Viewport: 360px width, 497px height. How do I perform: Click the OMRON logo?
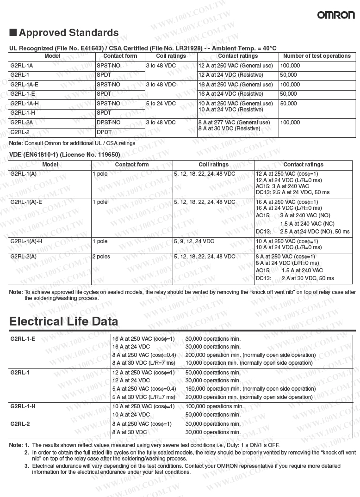click(x=336, y=15)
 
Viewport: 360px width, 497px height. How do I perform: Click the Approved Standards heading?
click(x=64, y=33)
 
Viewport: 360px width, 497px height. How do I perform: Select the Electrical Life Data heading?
click(x=63, y=321)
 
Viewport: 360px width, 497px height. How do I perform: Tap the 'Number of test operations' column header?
click(x=317, y=56)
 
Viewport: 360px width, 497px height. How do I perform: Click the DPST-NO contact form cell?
click(x=108, y=123)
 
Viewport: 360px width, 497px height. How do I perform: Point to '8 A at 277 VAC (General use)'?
click(x=234, y=123)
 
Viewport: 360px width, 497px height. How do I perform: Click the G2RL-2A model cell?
click(x=21, y=123)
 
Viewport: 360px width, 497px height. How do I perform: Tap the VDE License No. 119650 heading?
click(x=64, y=154)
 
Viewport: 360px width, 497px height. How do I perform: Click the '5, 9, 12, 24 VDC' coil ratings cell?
click(x=194, y=241)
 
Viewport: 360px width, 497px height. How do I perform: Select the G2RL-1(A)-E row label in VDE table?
click(x=26, y=202)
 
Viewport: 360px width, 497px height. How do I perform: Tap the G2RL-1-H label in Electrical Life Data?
click(x=23, y=406)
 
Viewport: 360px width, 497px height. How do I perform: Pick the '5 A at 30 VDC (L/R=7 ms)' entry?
click(x=143, y=397)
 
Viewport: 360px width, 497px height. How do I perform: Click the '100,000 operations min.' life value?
click(x=214, y=406)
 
